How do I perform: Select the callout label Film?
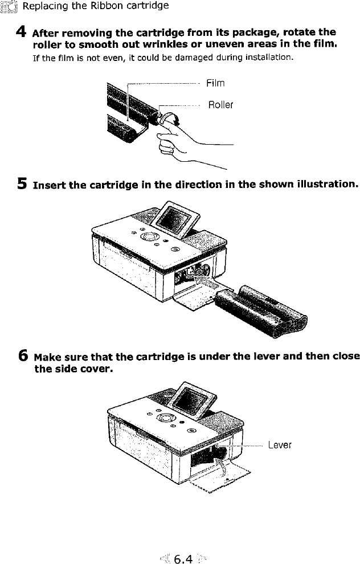pyautogui.click(x=215, y=83)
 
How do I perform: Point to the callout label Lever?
pyautogui.click(x=279, y=444)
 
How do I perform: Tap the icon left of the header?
pyautogui.click(x=10, y=6)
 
